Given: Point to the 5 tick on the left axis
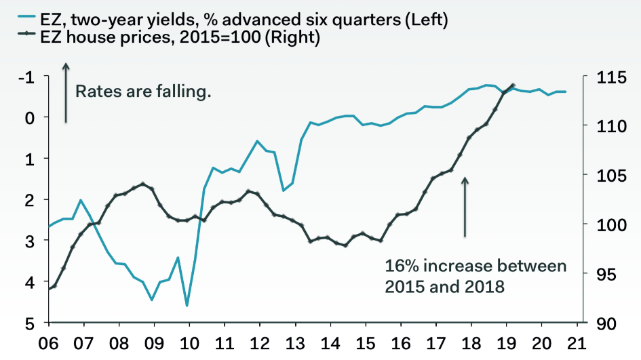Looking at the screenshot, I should click(x=29, y=323).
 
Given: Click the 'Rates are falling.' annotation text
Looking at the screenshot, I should click(x=143, y=91).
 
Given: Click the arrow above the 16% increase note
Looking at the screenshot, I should click(x=465, y=207).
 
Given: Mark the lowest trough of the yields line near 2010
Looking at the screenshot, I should click(x=187, y=306).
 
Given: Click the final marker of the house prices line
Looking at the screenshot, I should click(x=512, y=84).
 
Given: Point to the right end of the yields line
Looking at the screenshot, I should click(x=566, y=92).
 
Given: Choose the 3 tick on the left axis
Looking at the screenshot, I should click(x=29, y=241).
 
